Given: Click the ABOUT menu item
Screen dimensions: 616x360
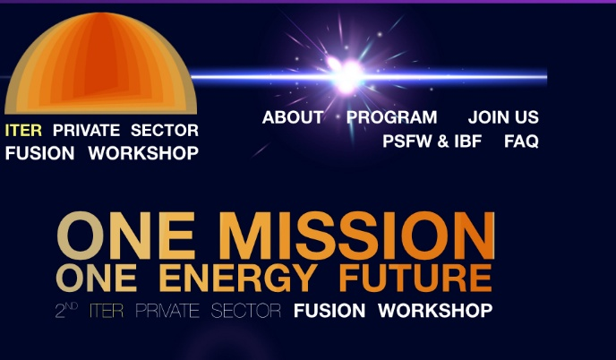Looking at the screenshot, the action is (x=293, y=117).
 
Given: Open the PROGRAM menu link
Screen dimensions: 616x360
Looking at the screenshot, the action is (x=391, y=117).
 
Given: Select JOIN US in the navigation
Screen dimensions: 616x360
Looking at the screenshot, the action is (x=503, y=117).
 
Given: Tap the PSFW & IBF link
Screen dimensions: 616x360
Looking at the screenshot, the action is (x=432, y=141).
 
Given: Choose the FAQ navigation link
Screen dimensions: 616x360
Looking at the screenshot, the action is (x=521, y=141).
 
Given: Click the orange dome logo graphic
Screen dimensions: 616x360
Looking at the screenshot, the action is (x=100, y=63).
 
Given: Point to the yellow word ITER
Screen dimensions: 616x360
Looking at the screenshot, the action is (x=23, y=130).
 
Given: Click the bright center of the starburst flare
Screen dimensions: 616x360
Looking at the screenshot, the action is (x=347, y=75).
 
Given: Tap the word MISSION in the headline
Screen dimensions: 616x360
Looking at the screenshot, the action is (x=356, y=236).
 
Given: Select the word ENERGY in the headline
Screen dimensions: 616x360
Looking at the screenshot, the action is (x=238, y=278).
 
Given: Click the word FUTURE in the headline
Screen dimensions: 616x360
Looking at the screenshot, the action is (x=415, y=278).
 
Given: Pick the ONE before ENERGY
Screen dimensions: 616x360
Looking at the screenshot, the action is (x=97, y=278).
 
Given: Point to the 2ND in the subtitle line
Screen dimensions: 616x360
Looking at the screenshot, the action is (x=66, y=310).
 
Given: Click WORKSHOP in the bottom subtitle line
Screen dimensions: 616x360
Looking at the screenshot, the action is (x=435, y=311).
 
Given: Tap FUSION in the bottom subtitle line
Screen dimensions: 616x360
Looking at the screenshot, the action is (x=329, y=311).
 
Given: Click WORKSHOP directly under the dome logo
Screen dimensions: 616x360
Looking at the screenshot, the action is (x=143, y=153).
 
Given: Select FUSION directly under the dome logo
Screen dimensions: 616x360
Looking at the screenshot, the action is (x=39, y=153).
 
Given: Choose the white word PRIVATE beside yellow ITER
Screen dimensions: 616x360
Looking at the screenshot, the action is (x=87, y=130).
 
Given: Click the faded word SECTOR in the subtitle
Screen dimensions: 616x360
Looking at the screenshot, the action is (x=246, y=311).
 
